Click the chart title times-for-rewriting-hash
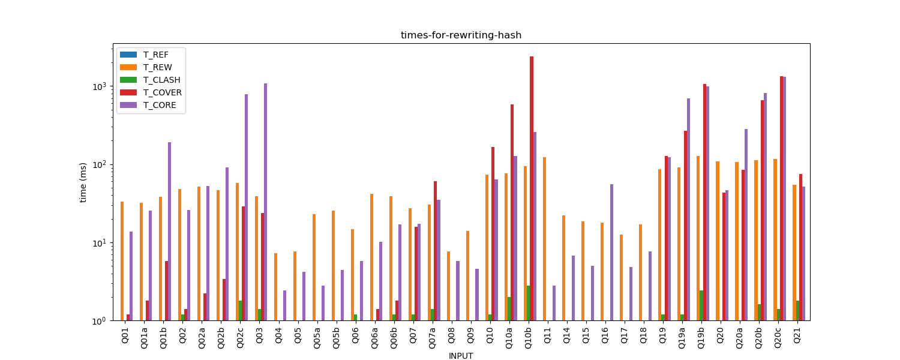pos(461,35)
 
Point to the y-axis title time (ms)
pos(83,182)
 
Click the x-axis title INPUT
pos(461,356)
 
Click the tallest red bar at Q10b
pos(532,188)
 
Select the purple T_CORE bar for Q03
pos(265,202)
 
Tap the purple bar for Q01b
pos(169,231)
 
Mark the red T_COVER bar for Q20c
pos(781,198)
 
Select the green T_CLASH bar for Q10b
pos(528,303)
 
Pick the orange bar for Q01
pos(122,261)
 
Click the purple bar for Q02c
pos(246,207)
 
